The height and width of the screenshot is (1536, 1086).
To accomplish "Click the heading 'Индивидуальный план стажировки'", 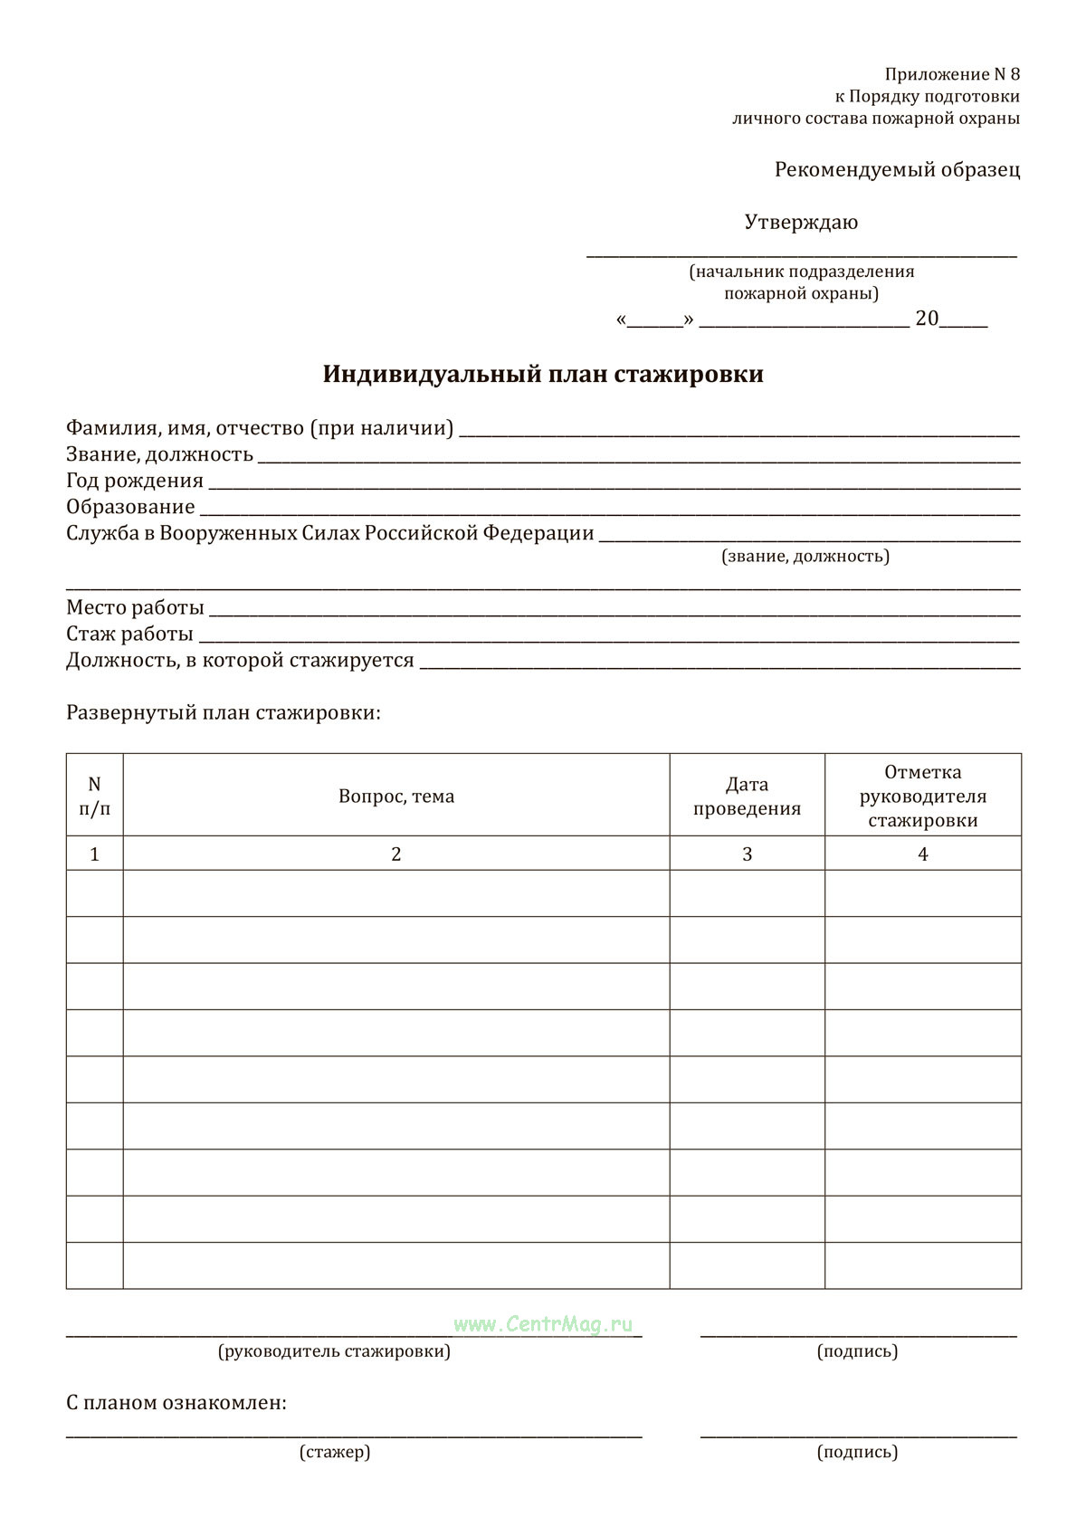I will point(543,374).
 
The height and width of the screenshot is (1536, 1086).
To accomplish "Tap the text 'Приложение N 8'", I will point(952,74).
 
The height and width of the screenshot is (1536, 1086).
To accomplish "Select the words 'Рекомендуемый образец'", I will point(897,169).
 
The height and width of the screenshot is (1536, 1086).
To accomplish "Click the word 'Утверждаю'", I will point(801,222).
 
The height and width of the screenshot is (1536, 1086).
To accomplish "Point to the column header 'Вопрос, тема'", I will point(396,797).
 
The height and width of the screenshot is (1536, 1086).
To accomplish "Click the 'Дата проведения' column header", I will point(747,797).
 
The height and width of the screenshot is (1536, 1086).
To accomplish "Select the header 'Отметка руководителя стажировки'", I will point(922,797).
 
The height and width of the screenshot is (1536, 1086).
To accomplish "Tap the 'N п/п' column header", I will point(95,797).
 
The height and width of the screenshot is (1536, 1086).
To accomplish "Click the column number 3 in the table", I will point(747,854).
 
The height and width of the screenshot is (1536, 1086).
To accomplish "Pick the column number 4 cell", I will point(922,854).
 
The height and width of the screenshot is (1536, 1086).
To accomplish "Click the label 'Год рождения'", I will point(135,481).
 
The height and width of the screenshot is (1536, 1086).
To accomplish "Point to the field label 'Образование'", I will point(130,507).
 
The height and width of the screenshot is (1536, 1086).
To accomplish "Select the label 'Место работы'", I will point(135,607).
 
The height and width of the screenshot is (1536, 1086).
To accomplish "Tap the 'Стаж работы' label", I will point(129,634).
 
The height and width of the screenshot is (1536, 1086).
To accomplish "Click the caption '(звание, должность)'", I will point(805,556).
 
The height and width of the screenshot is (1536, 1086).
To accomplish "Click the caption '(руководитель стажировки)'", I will point(334,1351).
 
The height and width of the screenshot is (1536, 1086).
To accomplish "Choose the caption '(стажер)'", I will point(335,1452).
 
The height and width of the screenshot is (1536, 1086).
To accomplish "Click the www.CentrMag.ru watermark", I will point(543,1324).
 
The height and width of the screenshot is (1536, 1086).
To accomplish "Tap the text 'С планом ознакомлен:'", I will point(176,1403).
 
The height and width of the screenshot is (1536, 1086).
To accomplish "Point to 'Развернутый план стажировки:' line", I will point(224,712).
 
